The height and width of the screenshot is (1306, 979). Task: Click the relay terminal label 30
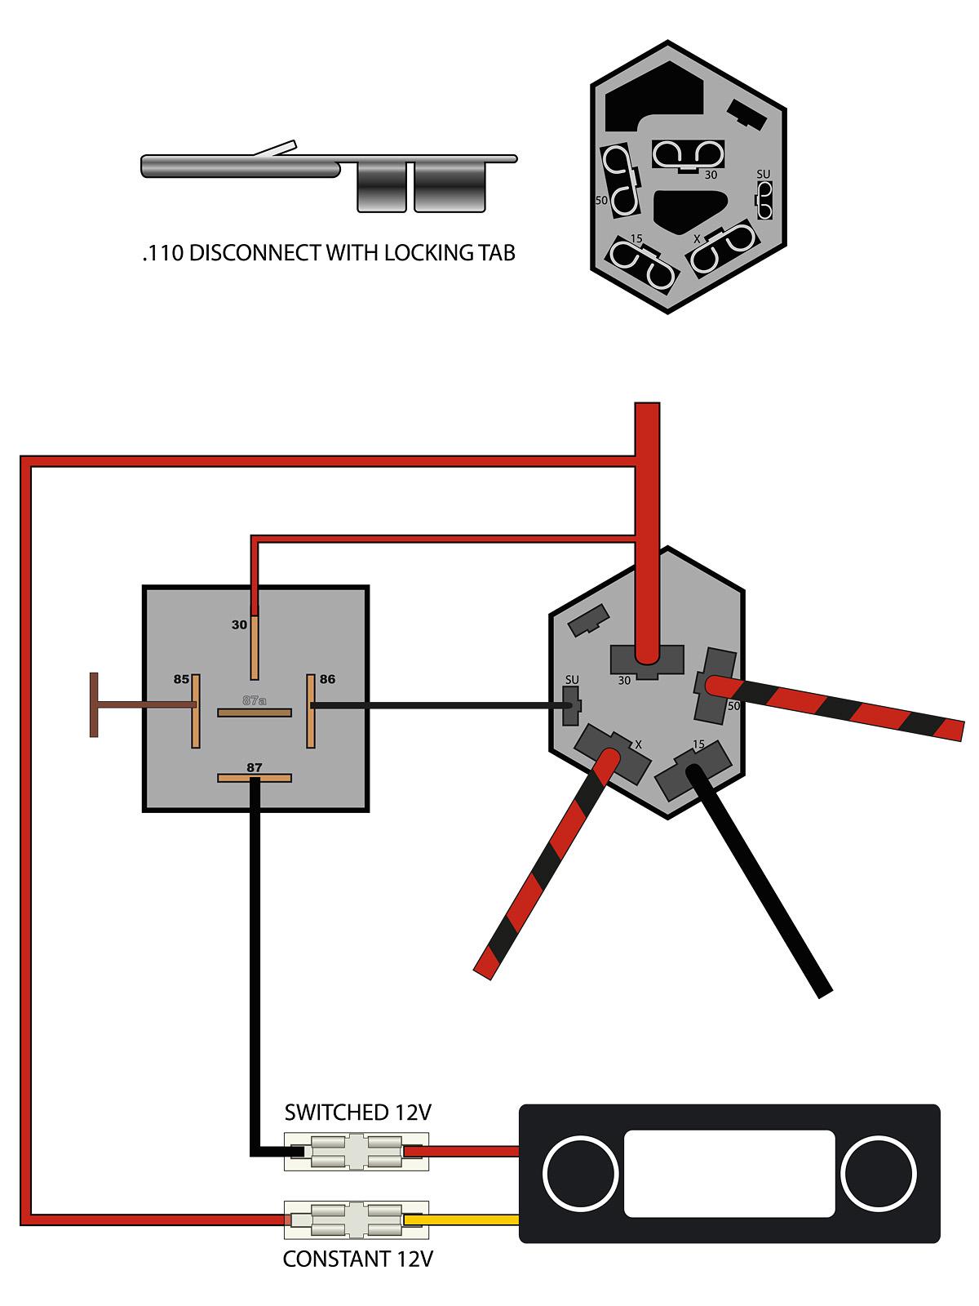[239, 625]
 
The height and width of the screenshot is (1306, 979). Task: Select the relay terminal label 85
[181, 679]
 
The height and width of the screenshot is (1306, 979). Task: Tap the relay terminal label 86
[327, 679]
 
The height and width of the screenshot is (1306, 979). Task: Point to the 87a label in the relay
[255, 700]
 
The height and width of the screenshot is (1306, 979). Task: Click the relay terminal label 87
[255, 767]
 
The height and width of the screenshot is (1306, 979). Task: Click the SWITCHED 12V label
[357, 1113]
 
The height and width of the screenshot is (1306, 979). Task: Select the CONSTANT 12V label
[357, 1259]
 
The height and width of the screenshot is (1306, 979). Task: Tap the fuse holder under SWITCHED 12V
[357, 1152]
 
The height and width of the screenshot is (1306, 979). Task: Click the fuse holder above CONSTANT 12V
[357, 1220]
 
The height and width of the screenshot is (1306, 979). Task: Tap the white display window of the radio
[729, 1173]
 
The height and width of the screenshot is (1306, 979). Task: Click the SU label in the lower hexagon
[572, 680]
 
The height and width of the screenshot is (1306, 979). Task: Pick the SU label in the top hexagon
[764, 174]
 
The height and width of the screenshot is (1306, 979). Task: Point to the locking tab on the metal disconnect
[276, 149]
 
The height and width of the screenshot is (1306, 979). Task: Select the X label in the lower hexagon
[638, 744]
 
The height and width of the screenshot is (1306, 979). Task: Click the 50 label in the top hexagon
[601, 199]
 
